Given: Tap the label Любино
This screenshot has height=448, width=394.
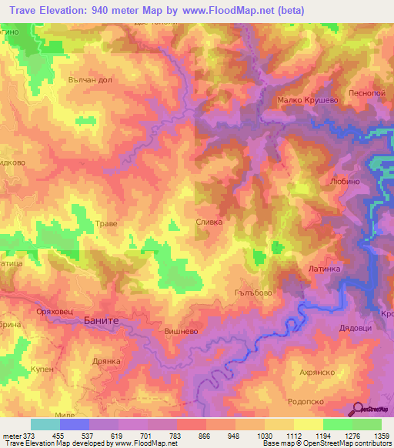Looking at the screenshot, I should tap(344, 183).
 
